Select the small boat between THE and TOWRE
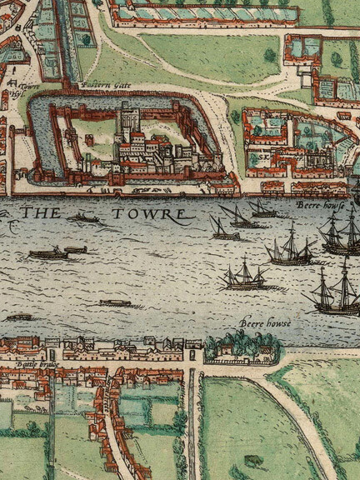(86, 218)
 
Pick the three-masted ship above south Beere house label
(244, 275)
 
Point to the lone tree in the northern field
(269, 55)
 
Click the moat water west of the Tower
(34, 133)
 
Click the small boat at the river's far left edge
(18, 317)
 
